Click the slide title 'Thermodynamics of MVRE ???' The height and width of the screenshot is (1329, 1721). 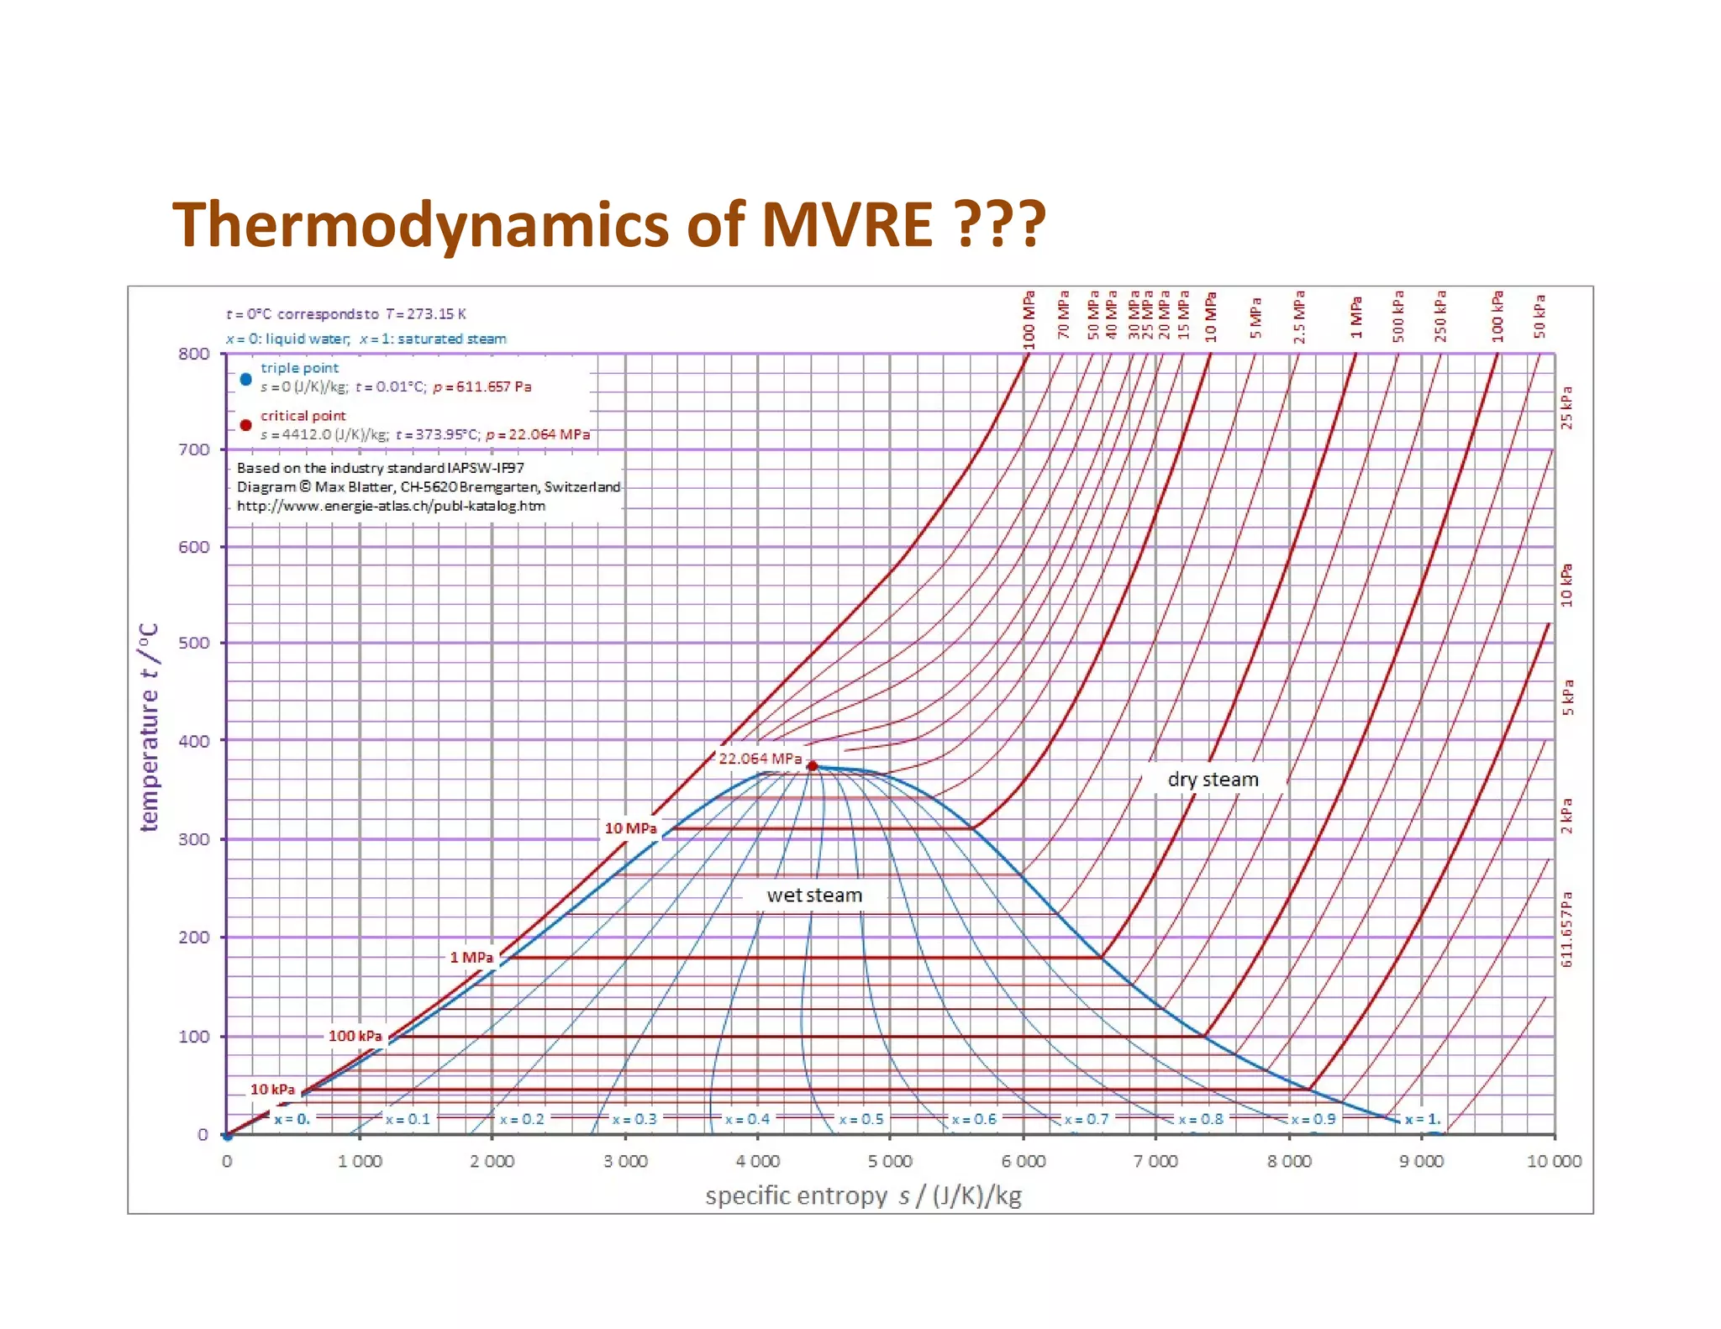point(609,225)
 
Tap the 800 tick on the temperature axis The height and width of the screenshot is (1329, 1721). point(194,354)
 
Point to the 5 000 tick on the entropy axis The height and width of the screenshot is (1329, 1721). point(890,1161)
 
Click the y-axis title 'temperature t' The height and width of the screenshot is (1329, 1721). point(149,728)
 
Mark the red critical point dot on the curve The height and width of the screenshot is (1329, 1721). point(812,765)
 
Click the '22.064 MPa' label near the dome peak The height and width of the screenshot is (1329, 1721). point(760,758)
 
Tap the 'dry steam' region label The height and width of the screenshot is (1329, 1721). point(1213,780)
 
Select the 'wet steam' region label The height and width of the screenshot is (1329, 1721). point(814,896)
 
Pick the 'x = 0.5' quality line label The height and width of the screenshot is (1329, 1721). point(861,1119)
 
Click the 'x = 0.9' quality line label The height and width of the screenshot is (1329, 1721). point(1313,1119)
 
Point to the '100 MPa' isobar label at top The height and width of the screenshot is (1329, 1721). point(1029,320)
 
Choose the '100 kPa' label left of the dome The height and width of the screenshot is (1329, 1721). point(355,1036)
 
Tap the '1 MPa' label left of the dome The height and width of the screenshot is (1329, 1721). point(471,957)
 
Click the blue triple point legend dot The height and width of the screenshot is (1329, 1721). point(246,379)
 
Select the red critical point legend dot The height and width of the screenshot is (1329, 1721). point(246,425)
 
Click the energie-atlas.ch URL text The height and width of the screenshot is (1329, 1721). point(391,506)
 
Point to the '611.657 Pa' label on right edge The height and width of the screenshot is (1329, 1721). point(1566,929)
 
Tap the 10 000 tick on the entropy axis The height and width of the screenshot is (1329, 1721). point(1554,1161)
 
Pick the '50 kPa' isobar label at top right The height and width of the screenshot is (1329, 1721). point(1539,316)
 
